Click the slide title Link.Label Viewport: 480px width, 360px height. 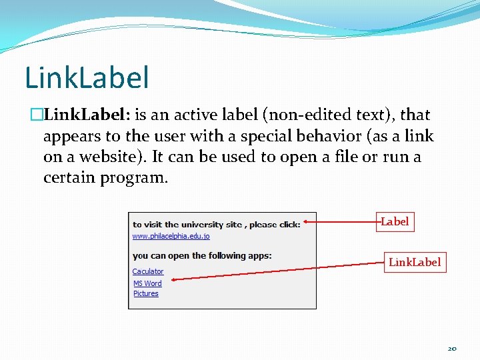coord(87,77)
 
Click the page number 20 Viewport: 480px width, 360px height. coord(452,349)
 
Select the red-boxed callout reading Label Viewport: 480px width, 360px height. coord(395,222)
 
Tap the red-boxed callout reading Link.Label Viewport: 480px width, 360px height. coord(415,262)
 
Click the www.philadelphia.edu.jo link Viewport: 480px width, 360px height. coord(171,237)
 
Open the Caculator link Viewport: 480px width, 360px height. coord(148,271)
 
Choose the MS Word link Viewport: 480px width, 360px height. coord(147,283)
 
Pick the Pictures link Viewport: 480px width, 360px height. coord(146,293)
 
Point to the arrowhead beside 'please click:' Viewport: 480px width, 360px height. coord(307,223)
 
